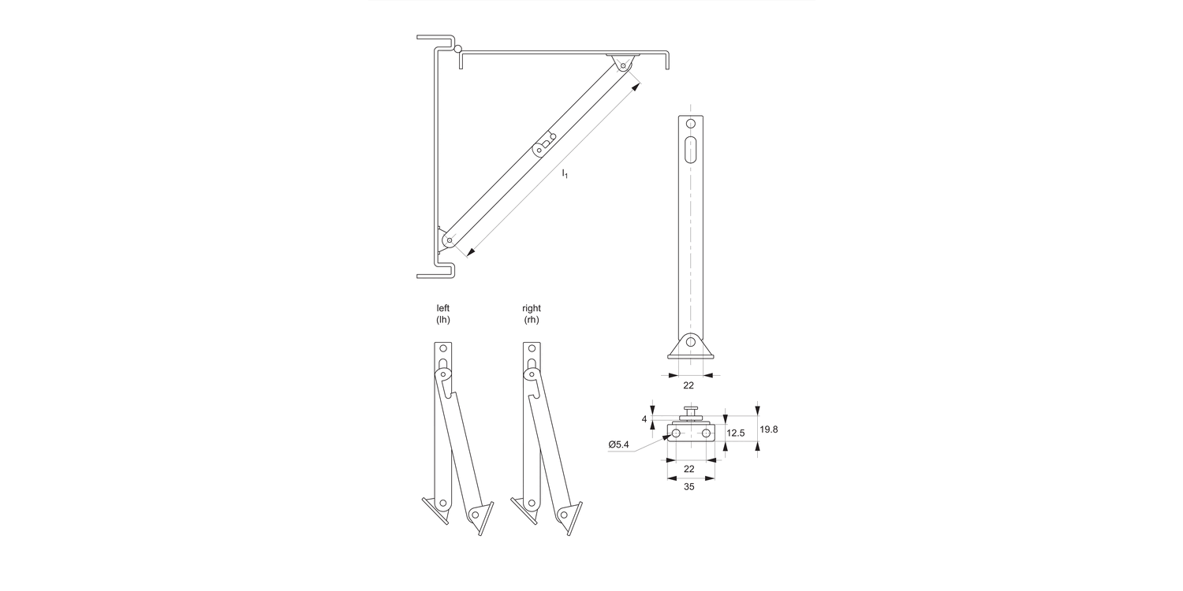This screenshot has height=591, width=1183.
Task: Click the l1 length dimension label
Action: click(x=565, y=173)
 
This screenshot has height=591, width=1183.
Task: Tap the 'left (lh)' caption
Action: click(x=443, y=314)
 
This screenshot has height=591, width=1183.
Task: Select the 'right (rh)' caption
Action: click(x=532, y=314)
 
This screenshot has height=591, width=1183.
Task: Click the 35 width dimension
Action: click(x=689, y=487)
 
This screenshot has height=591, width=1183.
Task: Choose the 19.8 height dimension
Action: click(x=769, y=429)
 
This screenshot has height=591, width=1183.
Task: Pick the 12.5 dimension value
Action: click(x=736, y=433)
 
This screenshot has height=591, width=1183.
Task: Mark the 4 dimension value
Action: click(x=644, y=419)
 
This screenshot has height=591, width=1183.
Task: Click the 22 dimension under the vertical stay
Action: click(x=689, y=385)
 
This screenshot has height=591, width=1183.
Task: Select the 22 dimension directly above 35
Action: click(x=689, y=469)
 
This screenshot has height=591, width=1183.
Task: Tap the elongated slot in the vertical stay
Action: click(x=691, y=150)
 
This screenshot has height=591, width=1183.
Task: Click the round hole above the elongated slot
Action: click(x=691, y=124)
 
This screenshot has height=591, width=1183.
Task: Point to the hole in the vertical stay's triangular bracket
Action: click(x=690, y=342)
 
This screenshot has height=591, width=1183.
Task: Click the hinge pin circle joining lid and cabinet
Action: click(x=457, y=50)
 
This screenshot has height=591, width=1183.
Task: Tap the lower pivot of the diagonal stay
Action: click(x=449, y=240)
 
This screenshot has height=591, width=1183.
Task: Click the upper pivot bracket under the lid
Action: click(x=622, y=65)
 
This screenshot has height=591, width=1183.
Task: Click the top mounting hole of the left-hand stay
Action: click(x=443, y=348)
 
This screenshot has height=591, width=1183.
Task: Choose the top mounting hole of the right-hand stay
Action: click(x=532, y=348)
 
